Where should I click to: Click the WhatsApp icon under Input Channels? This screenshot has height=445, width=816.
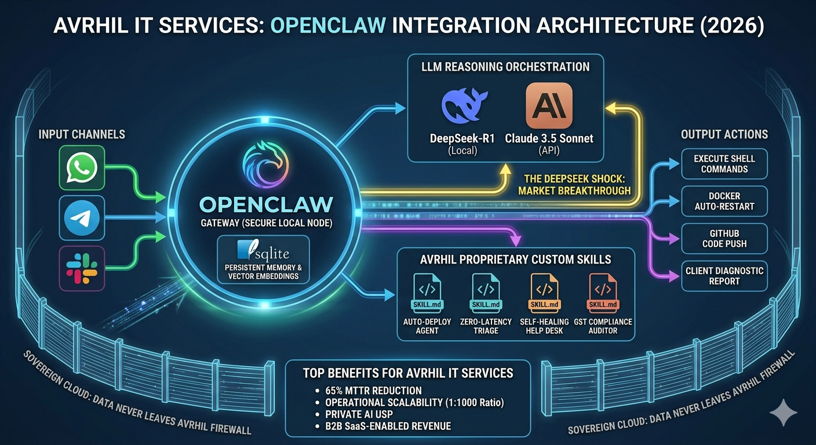(82, 168)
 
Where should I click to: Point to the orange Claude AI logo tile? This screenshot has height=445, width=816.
(548, 105)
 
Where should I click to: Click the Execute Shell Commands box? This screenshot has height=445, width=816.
(724, 163)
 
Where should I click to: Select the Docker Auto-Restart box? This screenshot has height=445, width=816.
(724, 201)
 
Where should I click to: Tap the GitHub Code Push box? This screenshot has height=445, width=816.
(724, 238)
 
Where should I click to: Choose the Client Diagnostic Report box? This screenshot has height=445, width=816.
(724, 276)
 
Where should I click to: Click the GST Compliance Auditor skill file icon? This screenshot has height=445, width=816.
(603, 293)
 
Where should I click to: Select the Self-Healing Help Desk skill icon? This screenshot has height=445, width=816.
(545, 293)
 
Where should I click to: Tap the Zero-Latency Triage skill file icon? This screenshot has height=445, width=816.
(486, 293)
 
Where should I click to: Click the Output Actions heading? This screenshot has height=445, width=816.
(724, 134)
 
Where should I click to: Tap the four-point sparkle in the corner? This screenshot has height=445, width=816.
(783, 412)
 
